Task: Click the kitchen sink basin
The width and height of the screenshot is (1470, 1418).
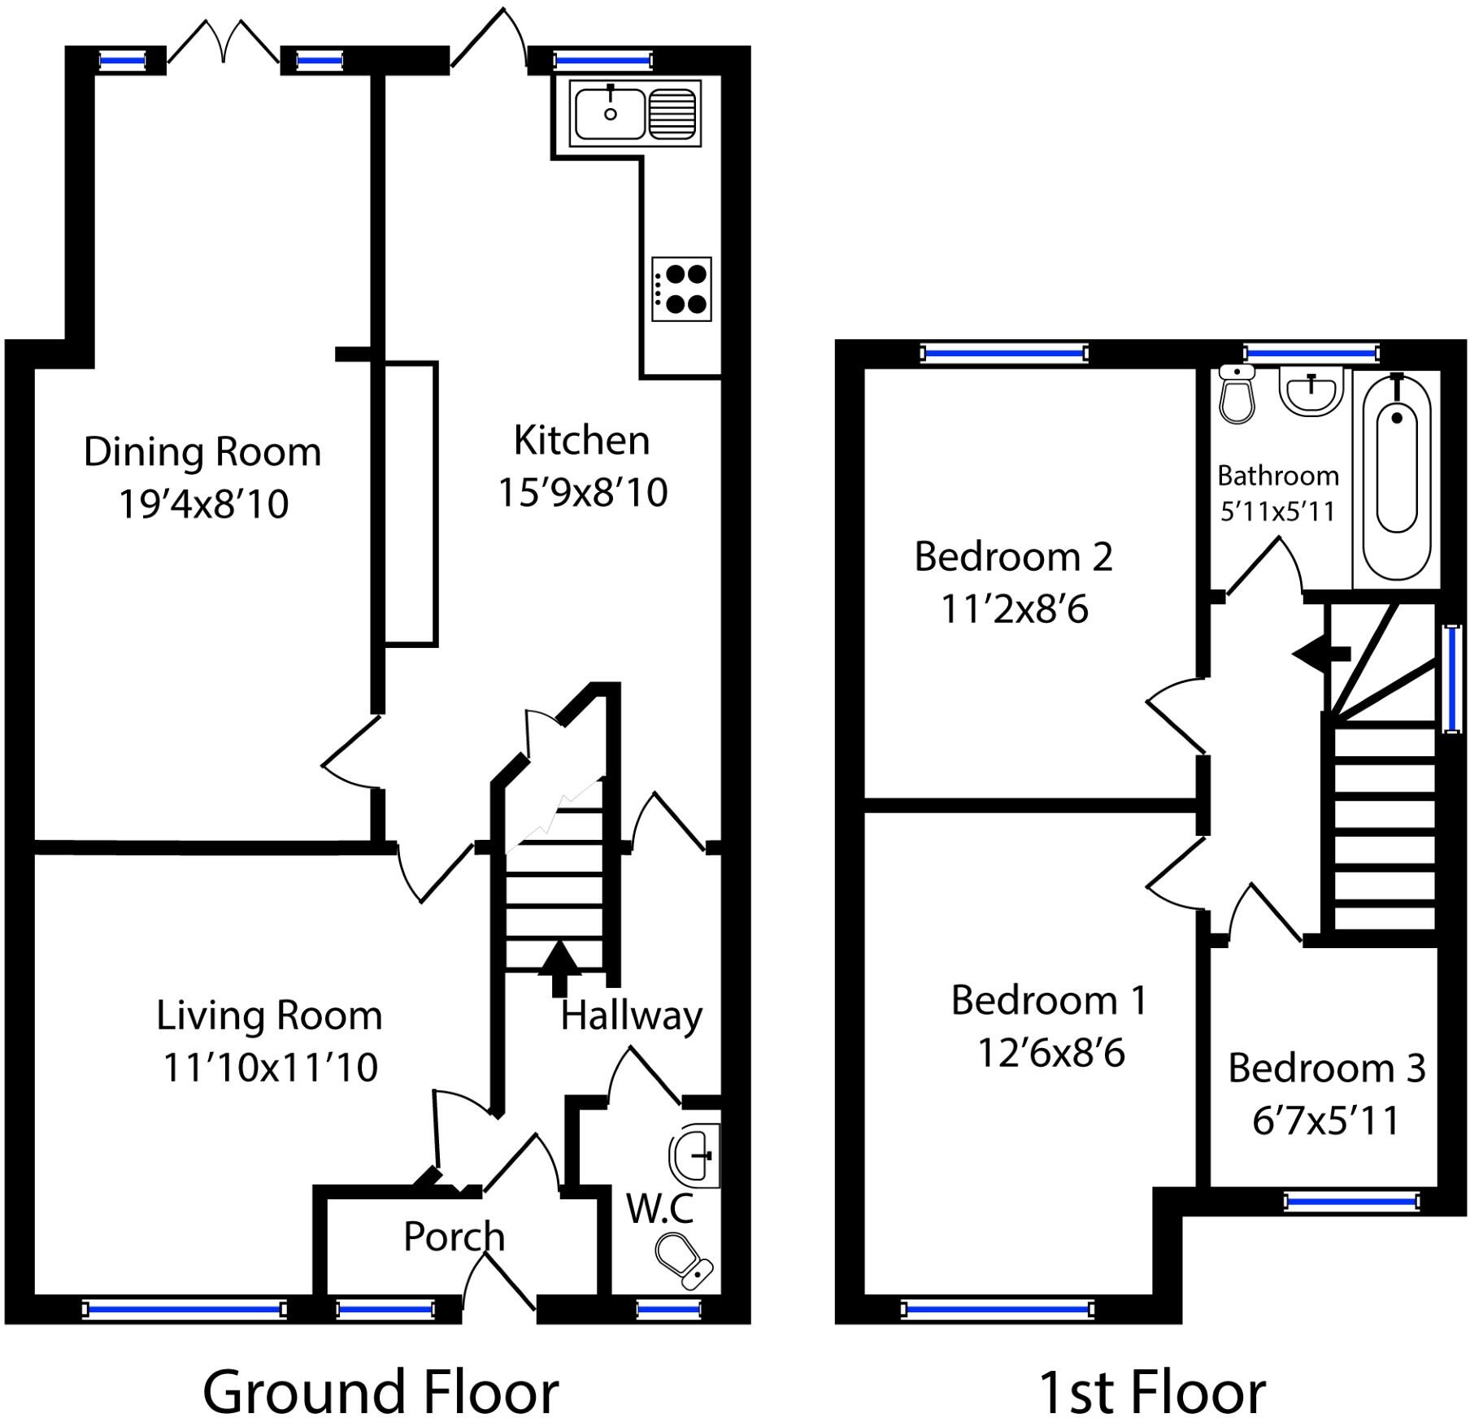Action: [610, 114]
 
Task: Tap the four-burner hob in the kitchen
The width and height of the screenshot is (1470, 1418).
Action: [681, 289]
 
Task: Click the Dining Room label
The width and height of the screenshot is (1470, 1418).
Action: [202, 452]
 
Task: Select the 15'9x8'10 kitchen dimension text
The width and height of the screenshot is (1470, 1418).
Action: [582, 493]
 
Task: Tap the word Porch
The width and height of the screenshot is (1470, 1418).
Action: [454, 1237]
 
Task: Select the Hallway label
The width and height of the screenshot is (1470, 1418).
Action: [631, 1016]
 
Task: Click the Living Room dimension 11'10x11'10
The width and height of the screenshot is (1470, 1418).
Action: [270, 1068]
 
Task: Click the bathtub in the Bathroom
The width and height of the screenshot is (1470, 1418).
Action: [1397, 480]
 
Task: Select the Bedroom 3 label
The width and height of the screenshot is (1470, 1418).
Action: [1326, 1068]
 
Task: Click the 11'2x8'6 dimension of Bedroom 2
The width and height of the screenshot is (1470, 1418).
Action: [1014, 609]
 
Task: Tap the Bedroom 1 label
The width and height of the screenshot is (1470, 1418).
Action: [1049, 1000]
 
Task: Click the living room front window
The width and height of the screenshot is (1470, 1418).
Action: [185, 1308]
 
